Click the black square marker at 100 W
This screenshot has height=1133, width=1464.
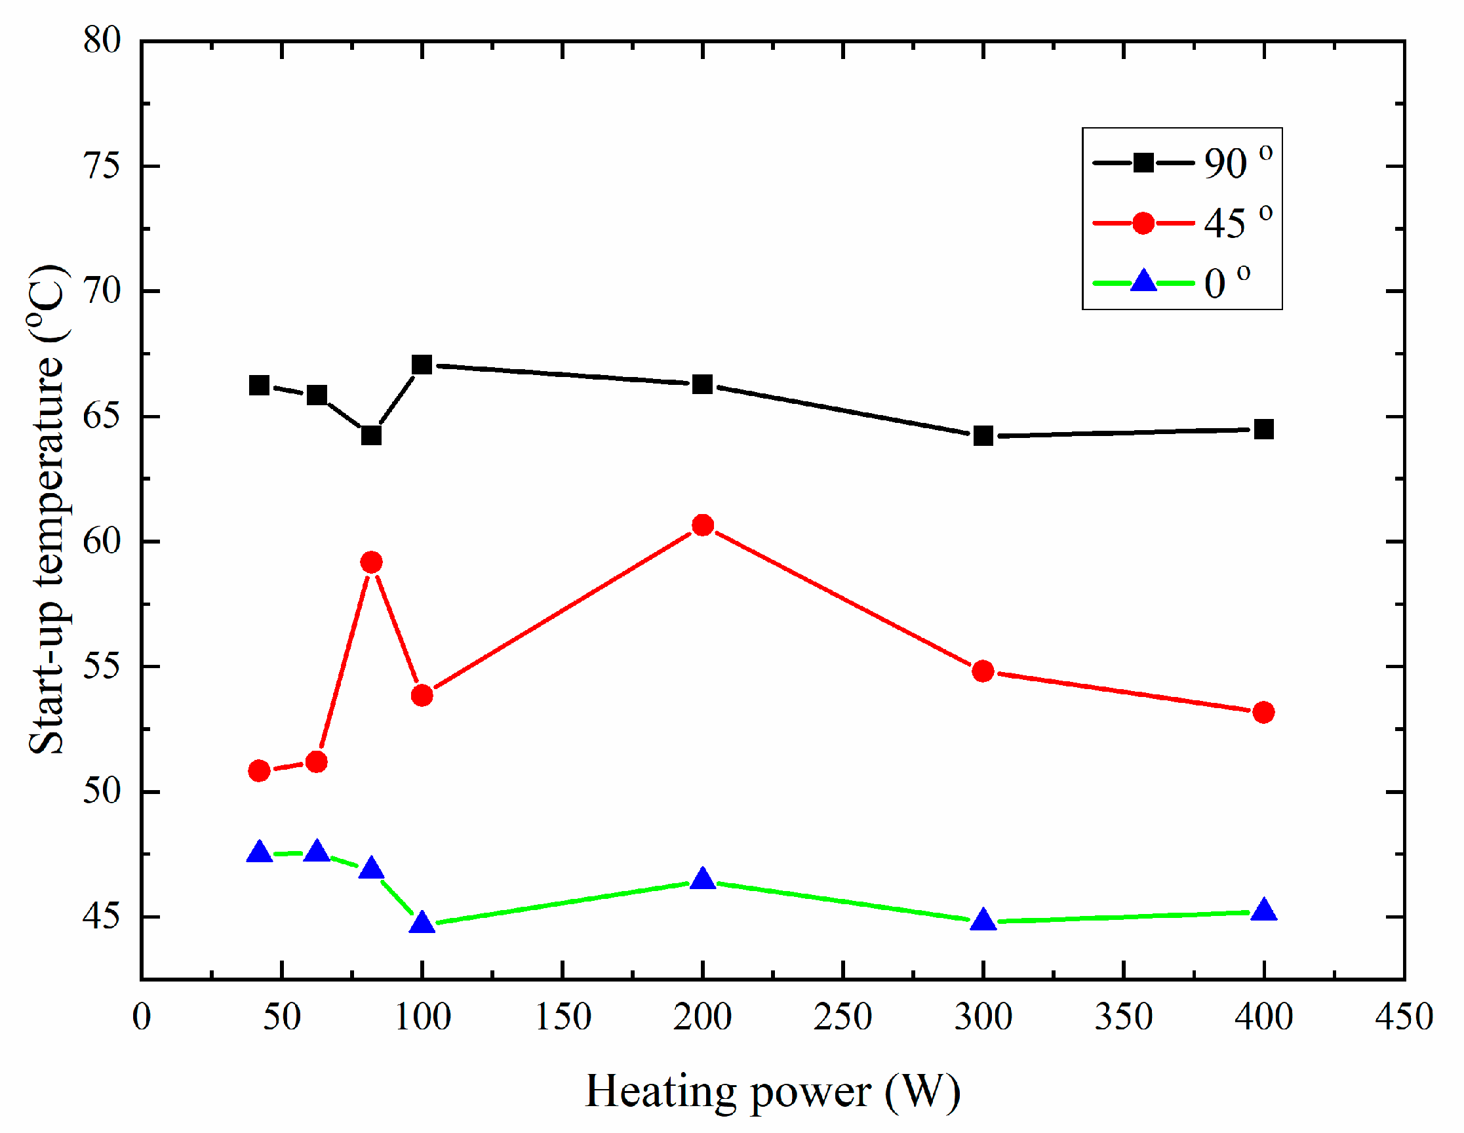tap(422, 365)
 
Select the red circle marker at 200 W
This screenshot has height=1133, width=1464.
tap(703, 525)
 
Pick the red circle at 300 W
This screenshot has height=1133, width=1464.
tap(983, 671)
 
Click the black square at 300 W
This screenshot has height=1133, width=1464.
tap(983, 437)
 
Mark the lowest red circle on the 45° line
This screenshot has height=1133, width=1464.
tap(259, 771)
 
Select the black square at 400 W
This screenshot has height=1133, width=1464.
tap(1263, 429)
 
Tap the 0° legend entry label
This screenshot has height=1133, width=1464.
tap(1227, 283)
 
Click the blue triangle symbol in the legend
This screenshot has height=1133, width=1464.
tap(1143, 281)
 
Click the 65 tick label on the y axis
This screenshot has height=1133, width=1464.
tap(102, 416)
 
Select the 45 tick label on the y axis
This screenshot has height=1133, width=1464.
tap(102, 917)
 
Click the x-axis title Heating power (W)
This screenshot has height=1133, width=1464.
tap(772, 1092)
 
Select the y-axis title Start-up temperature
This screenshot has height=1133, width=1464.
tap(47, 509)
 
